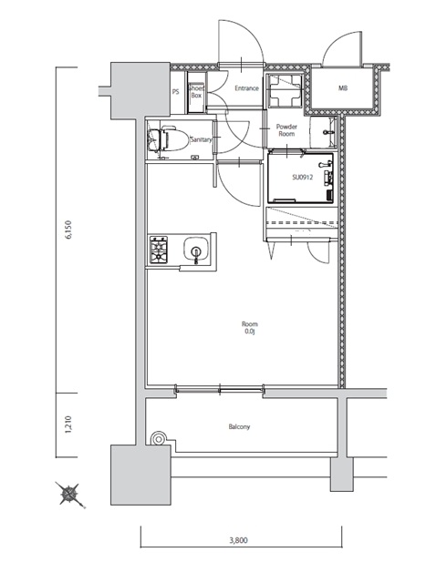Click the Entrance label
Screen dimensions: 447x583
point(246,88)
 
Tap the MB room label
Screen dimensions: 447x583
point(343,88)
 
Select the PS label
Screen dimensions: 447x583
point(176,91)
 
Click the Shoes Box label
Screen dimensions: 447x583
point(196,92)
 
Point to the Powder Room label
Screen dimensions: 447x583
point(286,130)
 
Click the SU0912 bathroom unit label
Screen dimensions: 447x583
point(302,178)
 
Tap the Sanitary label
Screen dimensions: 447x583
point(201,139)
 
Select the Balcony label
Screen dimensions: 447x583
point(239,427)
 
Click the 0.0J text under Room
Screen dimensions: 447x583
point(250,331)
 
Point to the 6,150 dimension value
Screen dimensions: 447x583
point(68,230)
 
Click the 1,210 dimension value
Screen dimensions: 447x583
point(68,424)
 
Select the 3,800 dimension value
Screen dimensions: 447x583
point(238,540)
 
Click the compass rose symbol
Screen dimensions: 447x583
point(69,494)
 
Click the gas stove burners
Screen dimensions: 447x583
point(159,250)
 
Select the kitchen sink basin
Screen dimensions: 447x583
point(196,249)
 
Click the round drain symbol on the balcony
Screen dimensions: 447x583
point(159,439)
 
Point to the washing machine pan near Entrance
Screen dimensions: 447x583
point(286,90)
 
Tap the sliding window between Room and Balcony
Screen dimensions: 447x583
point(220,390)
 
